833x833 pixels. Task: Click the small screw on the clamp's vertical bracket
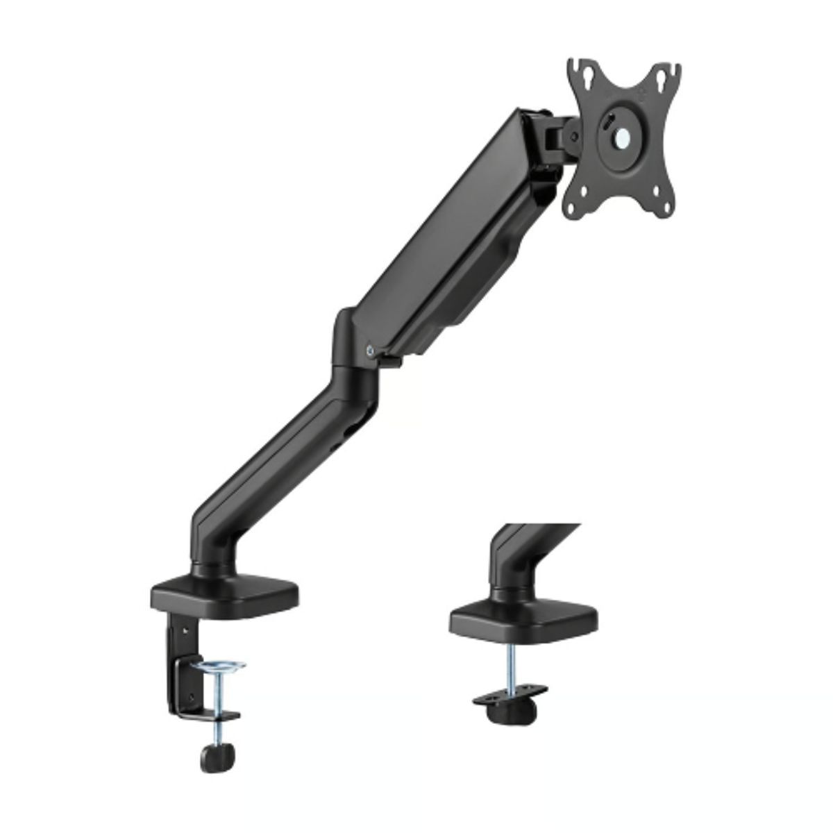click(x=185, y=631)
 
